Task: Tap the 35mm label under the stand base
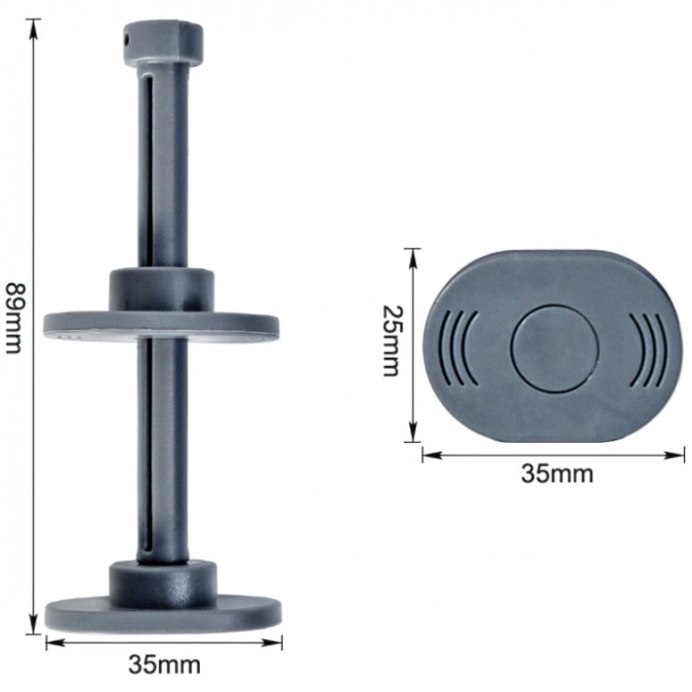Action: [x=165, y=663]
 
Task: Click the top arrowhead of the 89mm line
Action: [x=36, y=24]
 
